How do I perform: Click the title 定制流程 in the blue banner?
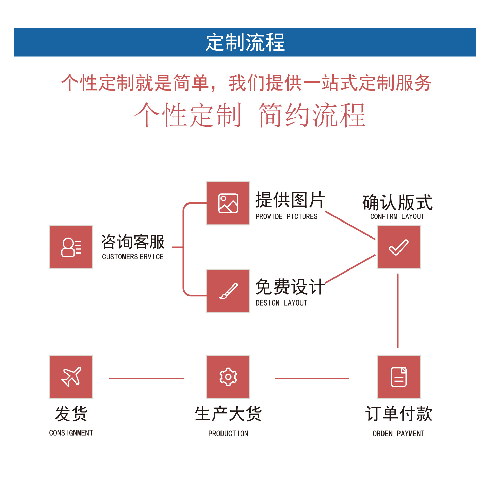pos(245,43)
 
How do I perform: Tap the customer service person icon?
pos(71,247)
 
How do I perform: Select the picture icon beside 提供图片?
pos(228,203)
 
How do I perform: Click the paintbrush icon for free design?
pos(228,291)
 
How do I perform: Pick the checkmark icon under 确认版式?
pos(398,247)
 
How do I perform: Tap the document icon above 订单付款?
pos(398,377)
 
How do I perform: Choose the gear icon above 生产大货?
pos(228,377)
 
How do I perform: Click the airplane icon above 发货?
pos(71,377)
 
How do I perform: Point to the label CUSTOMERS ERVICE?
pos(133,257)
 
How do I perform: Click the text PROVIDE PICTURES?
pos(287,217)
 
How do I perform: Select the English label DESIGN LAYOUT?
pos(281,303)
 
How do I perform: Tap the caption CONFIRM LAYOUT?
pos(397,217)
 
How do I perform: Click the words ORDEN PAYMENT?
pos(398,434)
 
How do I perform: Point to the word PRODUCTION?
pos(228,434)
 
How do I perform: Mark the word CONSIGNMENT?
pos(71,433)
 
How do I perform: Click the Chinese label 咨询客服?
pos(133,242)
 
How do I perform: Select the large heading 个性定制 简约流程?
pos(250,115)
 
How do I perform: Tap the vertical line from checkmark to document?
pos(398,311)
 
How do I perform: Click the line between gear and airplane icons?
pos(146,378)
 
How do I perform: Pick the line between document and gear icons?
pos(312,378)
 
